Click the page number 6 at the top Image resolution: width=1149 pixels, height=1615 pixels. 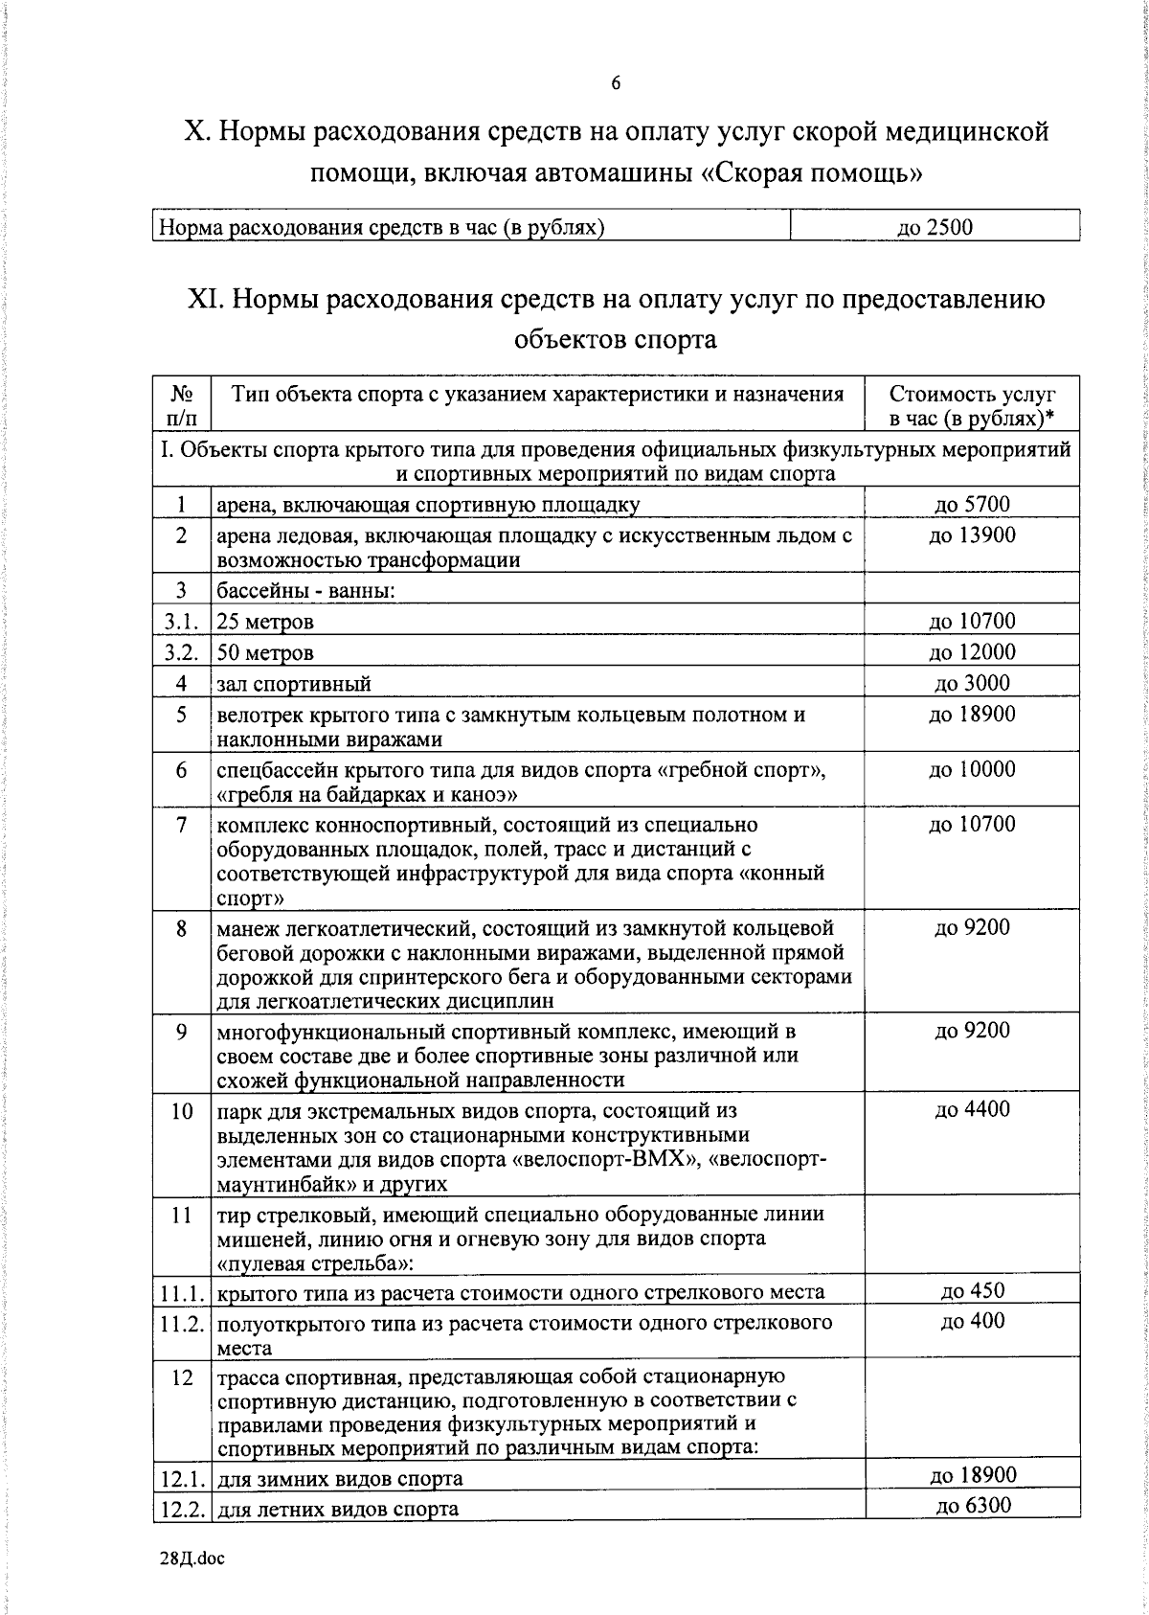pos(616,84)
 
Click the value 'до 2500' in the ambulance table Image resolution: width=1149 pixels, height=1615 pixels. pos(935,227)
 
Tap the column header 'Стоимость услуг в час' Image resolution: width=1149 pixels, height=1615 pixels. pos(971,406)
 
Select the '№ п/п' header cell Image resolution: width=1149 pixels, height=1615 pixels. pos(182,406)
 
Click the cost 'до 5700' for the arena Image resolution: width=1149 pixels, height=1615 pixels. pos(971,504)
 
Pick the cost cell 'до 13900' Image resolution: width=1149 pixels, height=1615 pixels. pos(971,535)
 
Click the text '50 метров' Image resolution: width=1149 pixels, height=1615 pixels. pos(265,653)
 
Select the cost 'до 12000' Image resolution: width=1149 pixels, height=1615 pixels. pos(971,652)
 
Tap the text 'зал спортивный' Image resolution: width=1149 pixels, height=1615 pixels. pos(294,684)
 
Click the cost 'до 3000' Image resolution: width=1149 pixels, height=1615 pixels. pos(971,683)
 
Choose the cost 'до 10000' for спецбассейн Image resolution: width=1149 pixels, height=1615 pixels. pos(971,769)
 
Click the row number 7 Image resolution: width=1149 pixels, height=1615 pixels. pos(181,825)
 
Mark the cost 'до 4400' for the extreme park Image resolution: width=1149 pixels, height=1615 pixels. pos(971,1109)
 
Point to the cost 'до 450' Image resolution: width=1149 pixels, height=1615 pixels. pos(971,1290)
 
